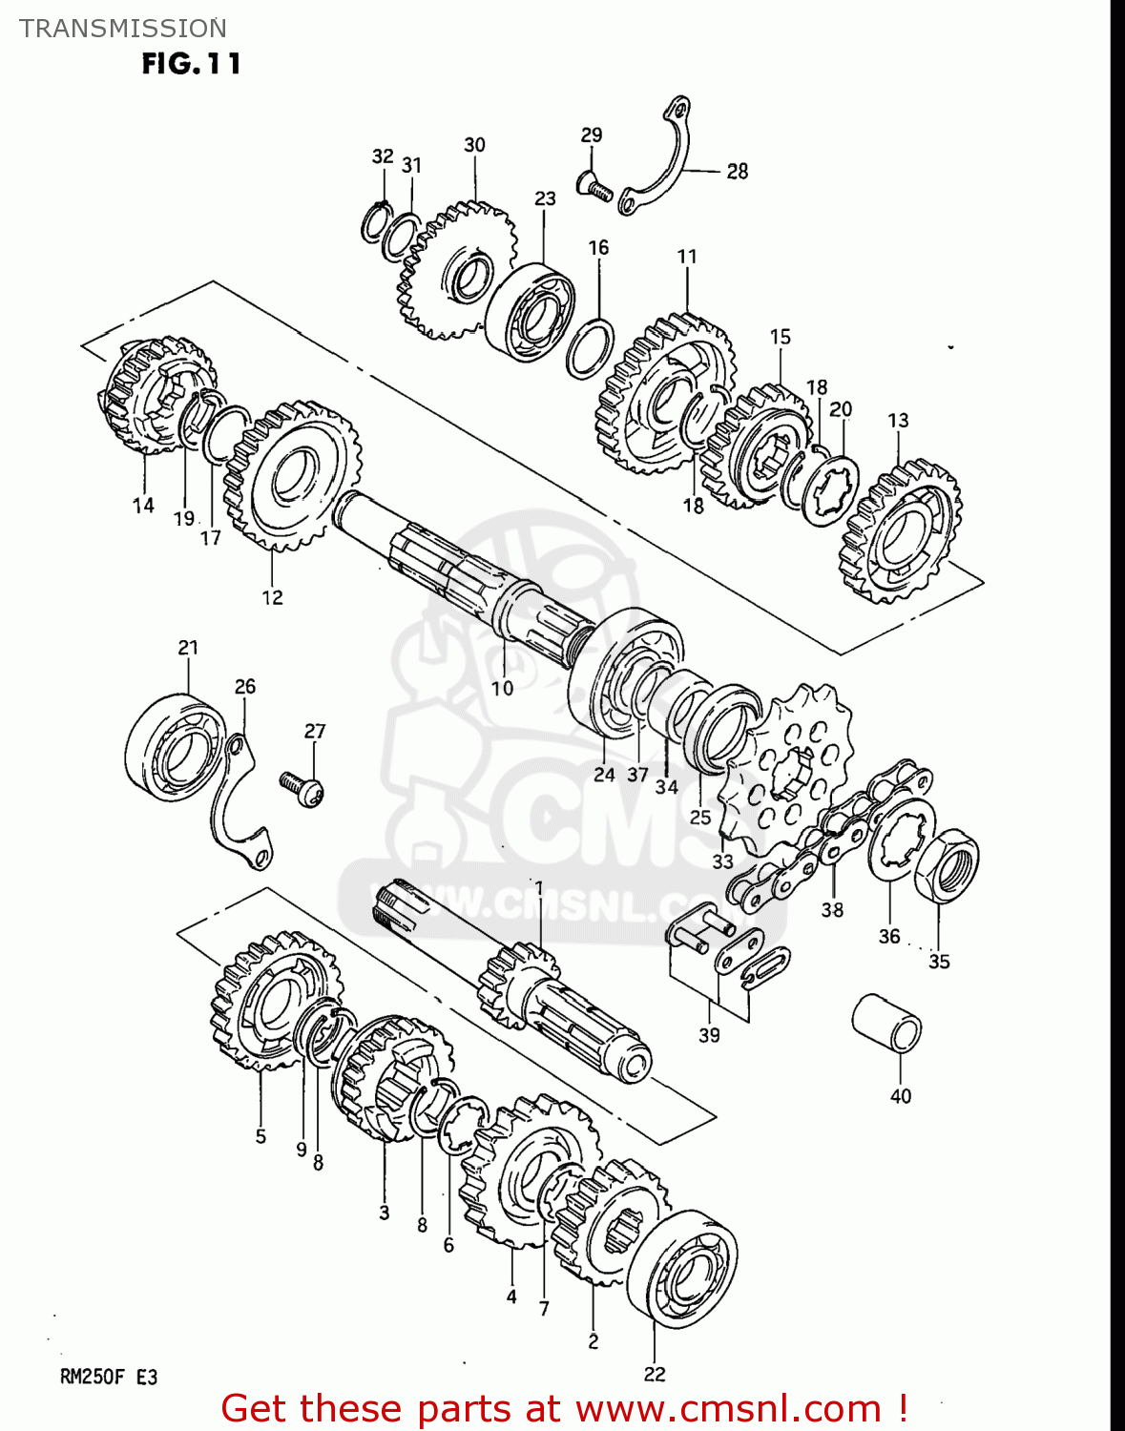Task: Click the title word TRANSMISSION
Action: [123, 29]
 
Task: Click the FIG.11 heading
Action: [191, 64]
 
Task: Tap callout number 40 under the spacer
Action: [901, 1096]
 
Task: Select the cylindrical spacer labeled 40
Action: [886, 1025]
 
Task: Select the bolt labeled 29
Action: [594, 186]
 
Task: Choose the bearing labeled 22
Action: [683, 1269]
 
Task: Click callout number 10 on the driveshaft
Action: [502, 688]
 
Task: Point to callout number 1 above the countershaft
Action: [539, 888]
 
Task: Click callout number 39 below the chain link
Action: [709, 1035]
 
